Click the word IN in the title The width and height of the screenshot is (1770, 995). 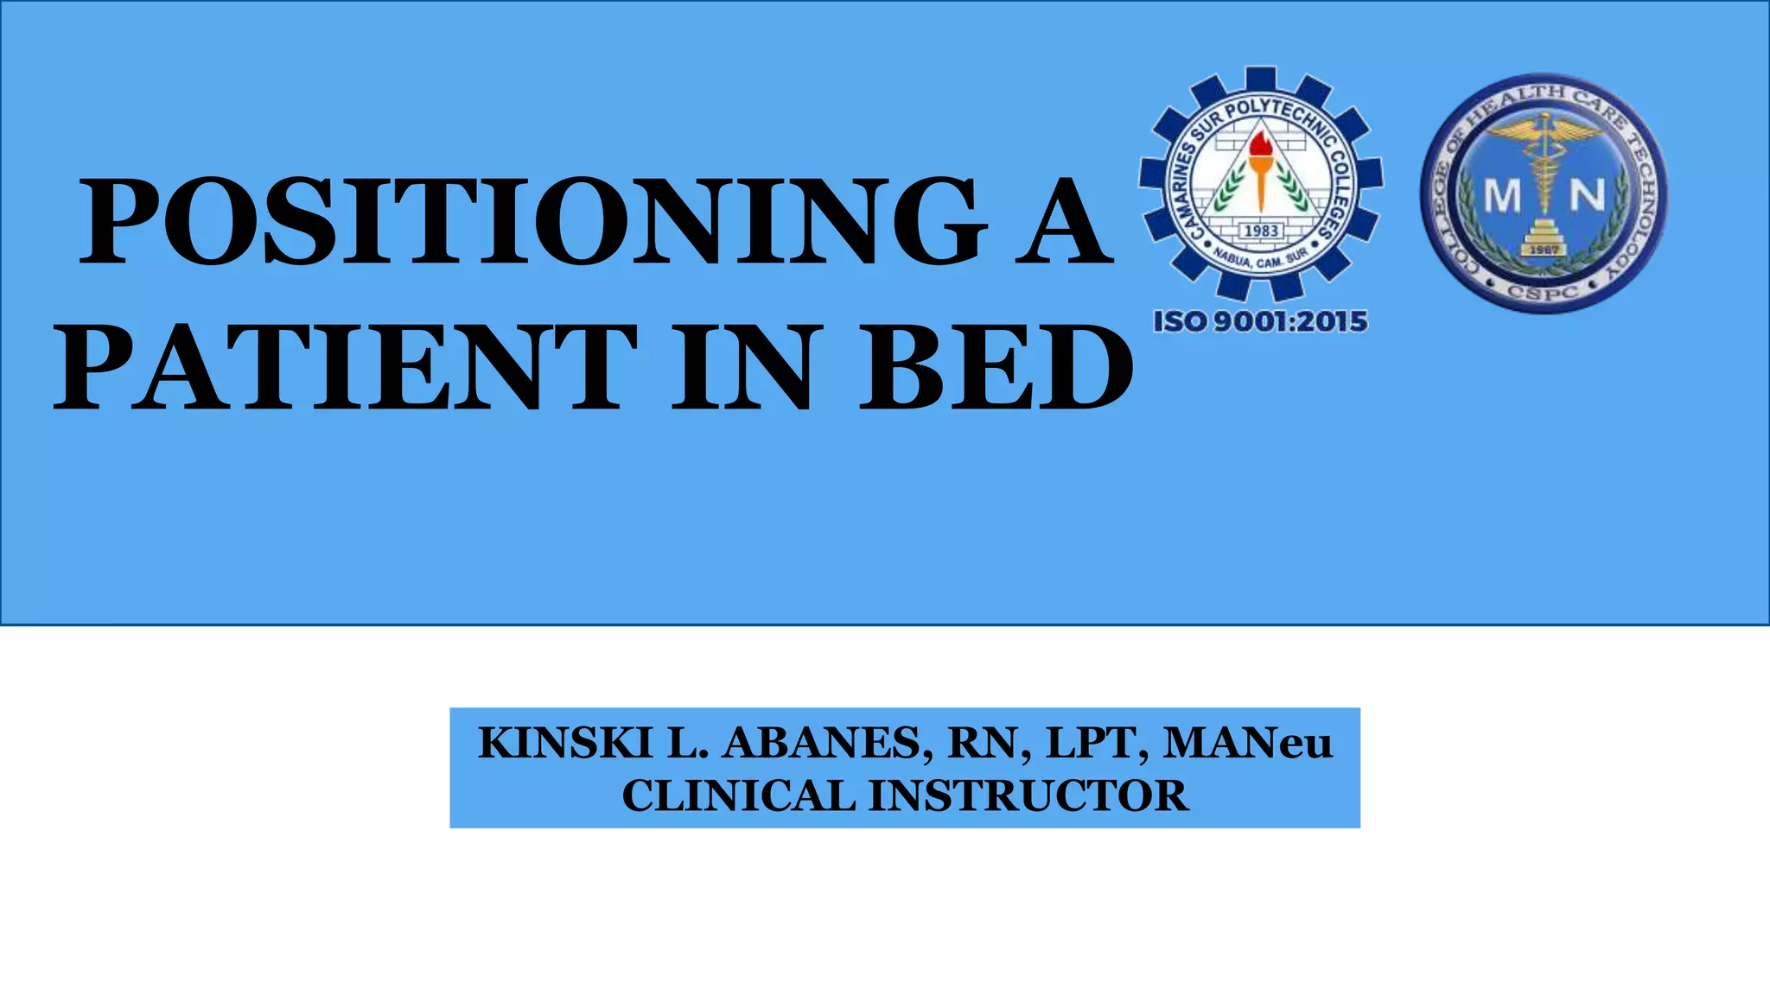point(743,367)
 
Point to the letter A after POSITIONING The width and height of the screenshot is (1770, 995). point(1063,222)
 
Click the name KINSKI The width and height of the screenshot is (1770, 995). point(564,744)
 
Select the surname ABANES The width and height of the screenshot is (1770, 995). point(827,744)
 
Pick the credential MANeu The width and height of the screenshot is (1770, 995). point(1247,744)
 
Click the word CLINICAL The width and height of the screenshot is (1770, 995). point(738,796)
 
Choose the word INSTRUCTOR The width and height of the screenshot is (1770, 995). point(1028,796)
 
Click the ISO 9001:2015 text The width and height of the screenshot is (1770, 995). point(1260,321)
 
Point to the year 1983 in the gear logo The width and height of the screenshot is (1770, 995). point(1261,231)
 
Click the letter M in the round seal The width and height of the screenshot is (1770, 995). point(1502,197)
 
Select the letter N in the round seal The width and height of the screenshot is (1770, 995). point(1587,197)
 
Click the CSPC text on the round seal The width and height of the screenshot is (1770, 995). point(1543,290)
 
